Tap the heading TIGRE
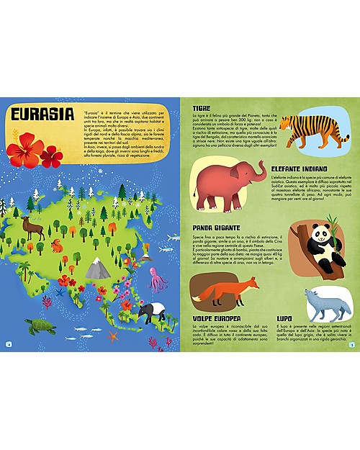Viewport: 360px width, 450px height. click(x=202, y=109)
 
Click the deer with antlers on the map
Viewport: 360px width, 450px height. click(x=31, y=230)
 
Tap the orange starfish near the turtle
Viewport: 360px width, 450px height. click(x=112, y=336)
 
